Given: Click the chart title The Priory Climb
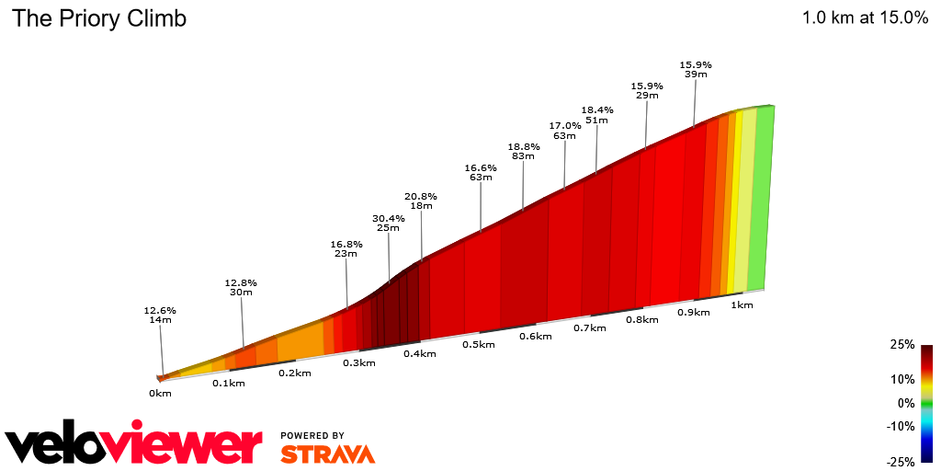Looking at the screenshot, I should point(98,18).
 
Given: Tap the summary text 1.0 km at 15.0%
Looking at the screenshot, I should point(865,17).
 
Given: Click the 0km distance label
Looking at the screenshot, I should point(160,393).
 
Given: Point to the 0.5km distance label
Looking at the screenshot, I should point(478,344).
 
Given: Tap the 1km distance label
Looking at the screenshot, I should point(742,304).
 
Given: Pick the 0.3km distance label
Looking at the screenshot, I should point(359,362).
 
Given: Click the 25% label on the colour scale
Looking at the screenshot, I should point(902,344).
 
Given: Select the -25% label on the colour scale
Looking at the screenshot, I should point(901,462).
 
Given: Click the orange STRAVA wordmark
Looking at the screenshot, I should point(327,454).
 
